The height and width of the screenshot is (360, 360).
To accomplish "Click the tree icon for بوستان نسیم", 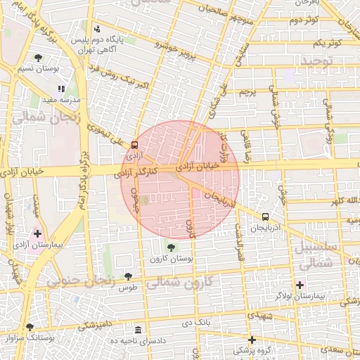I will tap(38, 58).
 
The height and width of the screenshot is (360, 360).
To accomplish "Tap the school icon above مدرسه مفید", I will tap(61, 89).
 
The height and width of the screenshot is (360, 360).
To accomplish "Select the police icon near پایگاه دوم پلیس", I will tap(97, 30).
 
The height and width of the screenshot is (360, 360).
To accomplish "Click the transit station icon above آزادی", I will tap(134, 144).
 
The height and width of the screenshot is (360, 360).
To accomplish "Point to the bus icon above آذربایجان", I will tap(265, 217).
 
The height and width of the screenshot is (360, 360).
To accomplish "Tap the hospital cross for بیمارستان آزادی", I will tap(37, 233).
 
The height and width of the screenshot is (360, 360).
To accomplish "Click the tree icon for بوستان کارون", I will tap(171, 247).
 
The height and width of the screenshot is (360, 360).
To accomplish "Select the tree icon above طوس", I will tap(127, 276).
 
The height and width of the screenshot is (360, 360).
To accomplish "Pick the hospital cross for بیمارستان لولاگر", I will tap(300, 285).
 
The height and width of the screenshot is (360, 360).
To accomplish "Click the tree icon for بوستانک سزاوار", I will tap(30, 327).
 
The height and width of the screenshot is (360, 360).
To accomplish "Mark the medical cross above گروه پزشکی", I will tap(252, 340).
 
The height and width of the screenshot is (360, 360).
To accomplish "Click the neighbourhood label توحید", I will tap(321, 62).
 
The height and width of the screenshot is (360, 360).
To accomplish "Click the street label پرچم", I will tap(247, 92).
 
